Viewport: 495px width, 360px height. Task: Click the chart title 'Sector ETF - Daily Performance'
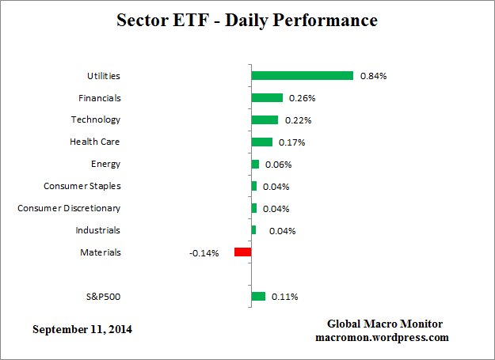(247, 21)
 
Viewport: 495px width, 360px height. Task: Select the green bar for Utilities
(302, 76)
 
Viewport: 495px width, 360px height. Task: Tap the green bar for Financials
(267, 98)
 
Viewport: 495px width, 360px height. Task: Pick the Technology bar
(265, 120)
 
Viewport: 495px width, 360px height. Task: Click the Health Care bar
(261, 142)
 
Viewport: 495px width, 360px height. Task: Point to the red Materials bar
(242, 252)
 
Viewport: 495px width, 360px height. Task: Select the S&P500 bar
(258, 297)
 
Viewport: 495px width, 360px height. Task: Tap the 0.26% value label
(303, 98)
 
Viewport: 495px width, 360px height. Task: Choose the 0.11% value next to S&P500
(285, 297)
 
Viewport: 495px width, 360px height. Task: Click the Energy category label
(105, 164)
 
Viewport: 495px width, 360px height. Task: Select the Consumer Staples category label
(82, 186)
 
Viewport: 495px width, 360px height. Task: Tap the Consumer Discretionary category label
(69, 208)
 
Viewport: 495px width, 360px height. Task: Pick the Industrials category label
(97, 230)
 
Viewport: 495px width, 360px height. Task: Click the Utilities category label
(103, 76)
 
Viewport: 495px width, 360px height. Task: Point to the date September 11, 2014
(82, 328)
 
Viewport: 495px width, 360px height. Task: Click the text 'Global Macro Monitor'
(385, 324)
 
